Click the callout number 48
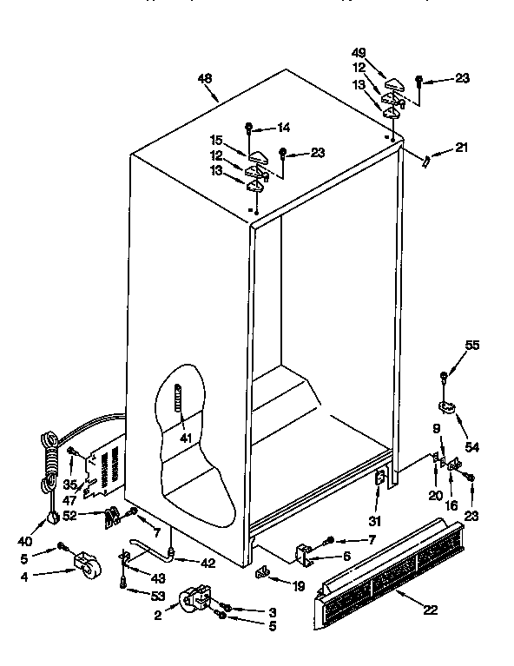tap(205, 79)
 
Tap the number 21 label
tap(460, 147)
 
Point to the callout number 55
tap(471, 345)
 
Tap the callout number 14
tap(283, 129)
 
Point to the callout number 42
tap(207, 563)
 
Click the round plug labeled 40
tap(54, 518)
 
